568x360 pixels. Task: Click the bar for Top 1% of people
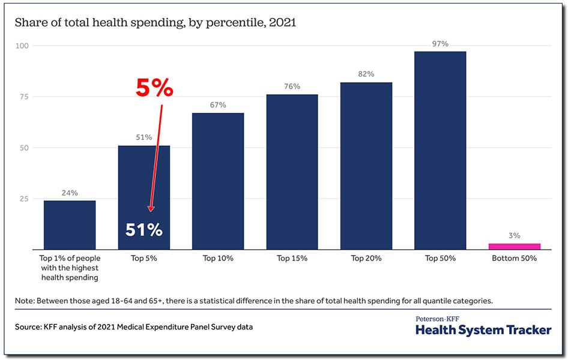point(70,224)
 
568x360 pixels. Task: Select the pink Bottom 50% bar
point(514,246)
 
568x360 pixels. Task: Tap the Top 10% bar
point(218,180)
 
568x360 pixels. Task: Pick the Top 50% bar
point(440,150)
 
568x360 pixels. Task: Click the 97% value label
point(440,44)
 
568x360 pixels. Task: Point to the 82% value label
point(366,74)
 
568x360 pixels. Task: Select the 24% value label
point(70,193)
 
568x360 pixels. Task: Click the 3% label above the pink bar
point(514,236)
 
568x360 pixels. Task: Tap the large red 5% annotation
point(154,89)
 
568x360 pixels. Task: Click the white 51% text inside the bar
point(144,230)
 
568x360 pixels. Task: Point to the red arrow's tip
point(151,211)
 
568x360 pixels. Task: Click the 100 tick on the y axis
point(22,46)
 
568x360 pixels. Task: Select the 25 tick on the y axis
point(23,199)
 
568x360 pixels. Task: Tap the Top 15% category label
point(292,259)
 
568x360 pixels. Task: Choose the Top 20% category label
point(366,259)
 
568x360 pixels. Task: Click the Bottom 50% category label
point(514,259)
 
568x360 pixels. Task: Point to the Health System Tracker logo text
point(483,330)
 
